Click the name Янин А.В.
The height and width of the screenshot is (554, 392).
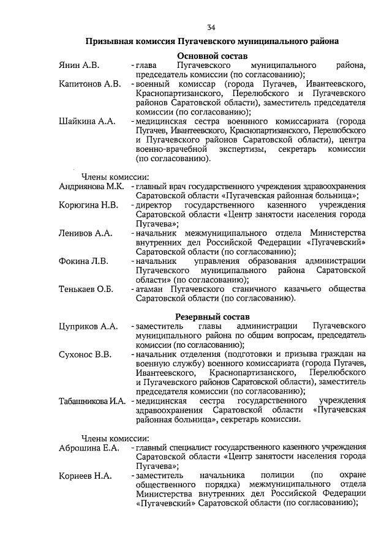click(x=79, y=65)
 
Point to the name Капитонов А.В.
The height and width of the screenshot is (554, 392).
click(x=89, y=83)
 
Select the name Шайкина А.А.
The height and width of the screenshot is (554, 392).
click(x=87, y=122)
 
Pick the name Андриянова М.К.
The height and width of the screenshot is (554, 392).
click(x=92, y=186)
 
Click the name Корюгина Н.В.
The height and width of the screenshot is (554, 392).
click(x=89, y=204)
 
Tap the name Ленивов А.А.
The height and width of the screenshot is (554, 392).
click(x=85, y=233)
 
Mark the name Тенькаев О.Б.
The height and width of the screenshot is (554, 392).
click(x=86, y=290)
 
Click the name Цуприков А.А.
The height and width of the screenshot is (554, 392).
click(x=88, y=327)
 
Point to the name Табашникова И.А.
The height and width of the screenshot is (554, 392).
click(x=92, y=401)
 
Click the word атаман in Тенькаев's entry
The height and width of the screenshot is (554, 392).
click(x=151, y=290)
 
